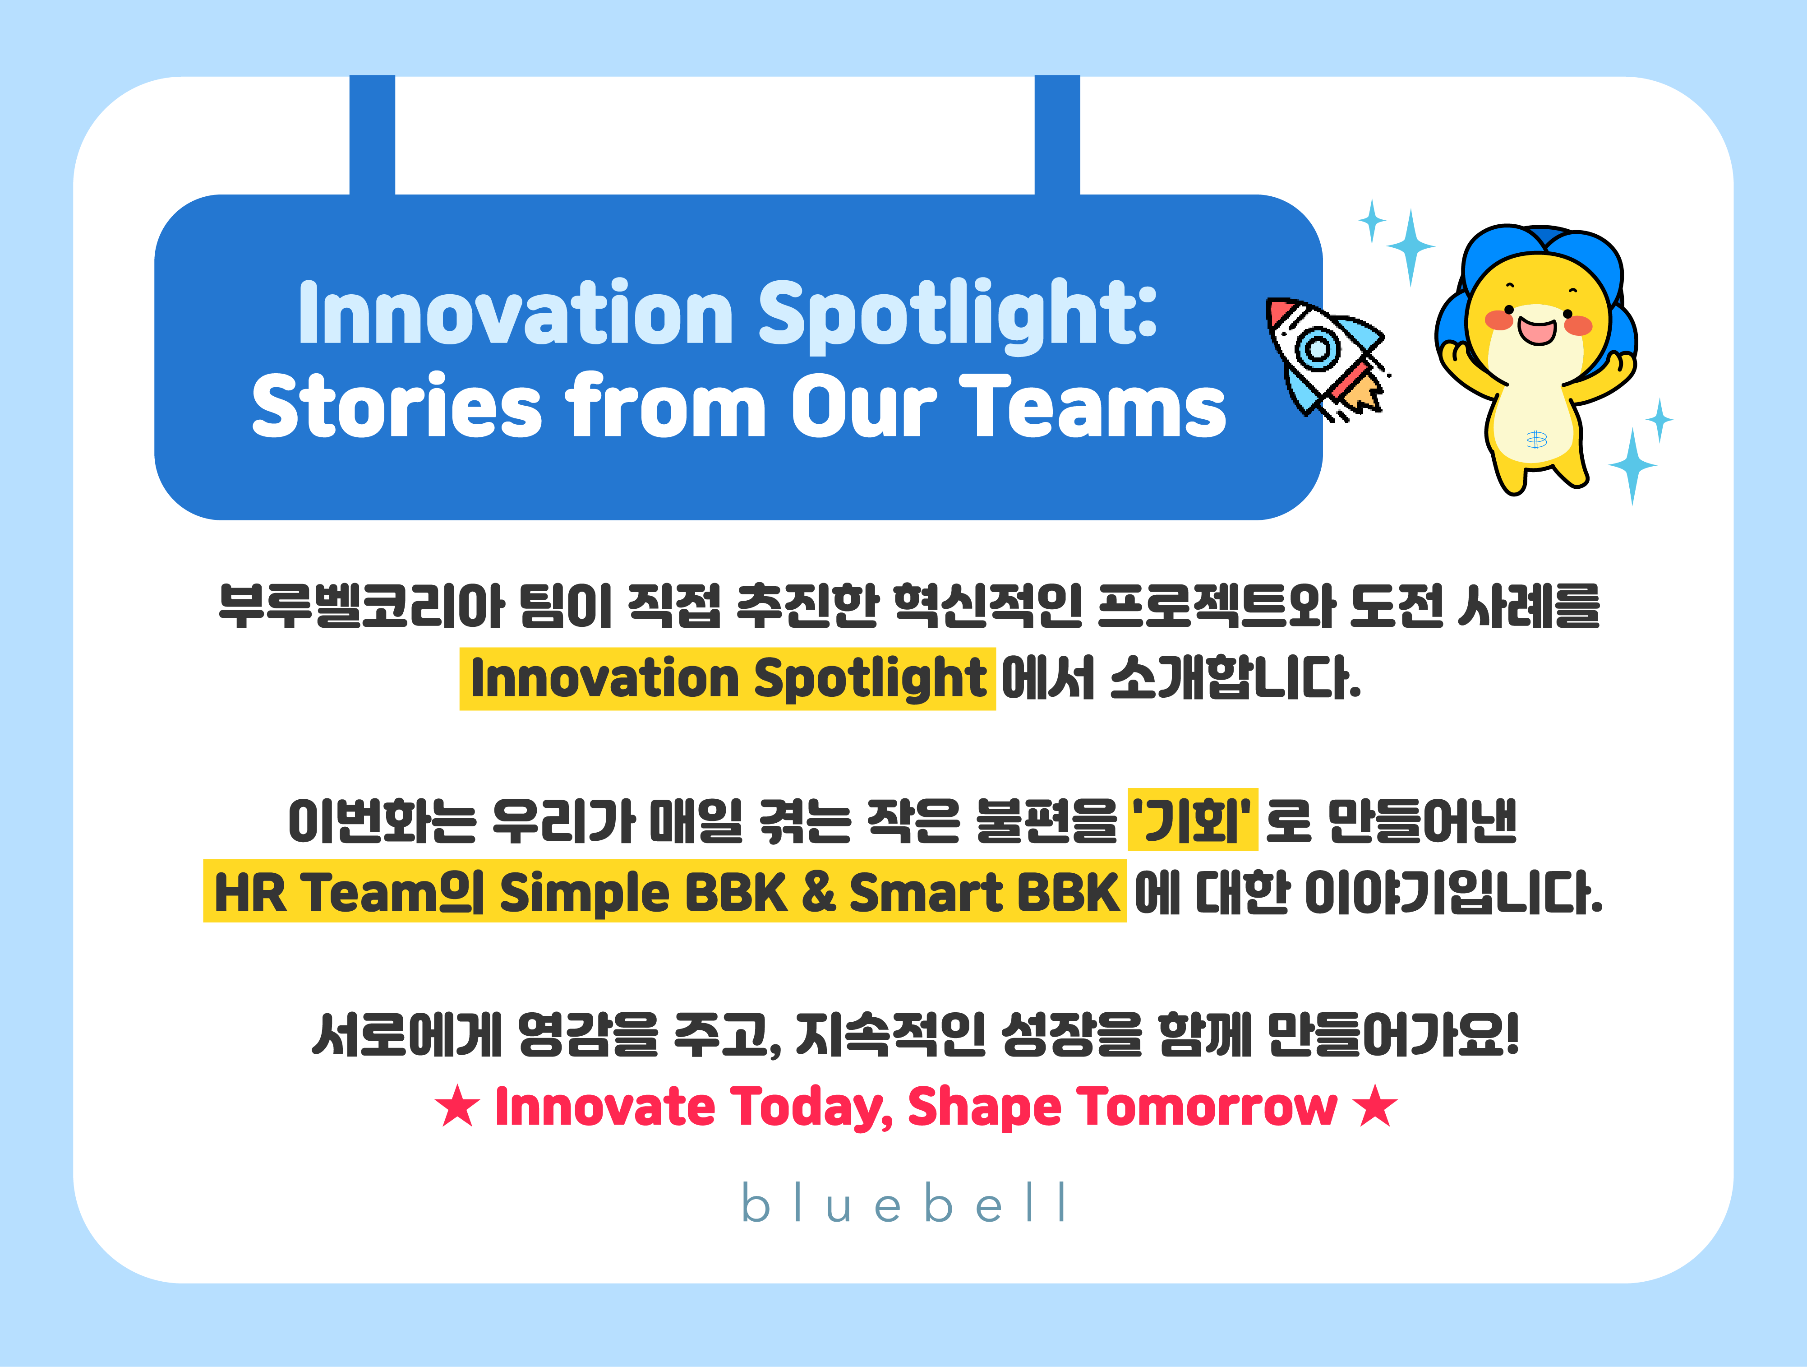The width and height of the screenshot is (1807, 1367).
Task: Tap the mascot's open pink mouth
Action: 1537,331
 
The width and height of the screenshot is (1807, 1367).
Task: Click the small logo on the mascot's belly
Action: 1537,440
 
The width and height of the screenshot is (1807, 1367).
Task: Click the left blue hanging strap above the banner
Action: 373,135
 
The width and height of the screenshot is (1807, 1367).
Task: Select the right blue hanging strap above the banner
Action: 1057,135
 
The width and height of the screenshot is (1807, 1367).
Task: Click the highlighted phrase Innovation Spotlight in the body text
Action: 728,678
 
